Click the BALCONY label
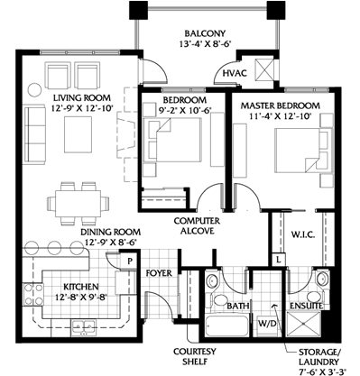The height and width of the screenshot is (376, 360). pos(205,33)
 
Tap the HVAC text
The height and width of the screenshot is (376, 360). pos(235,73)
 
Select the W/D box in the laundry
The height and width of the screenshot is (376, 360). pos(267,324)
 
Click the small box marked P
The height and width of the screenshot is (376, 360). pos(129,261)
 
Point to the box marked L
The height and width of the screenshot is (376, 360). pos(279,260)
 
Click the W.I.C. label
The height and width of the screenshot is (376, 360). pos(303,234)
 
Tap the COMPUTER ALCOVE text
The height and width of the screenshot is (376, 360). pos(197,225)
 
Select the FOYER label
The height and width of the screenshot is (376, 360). pos(159,273)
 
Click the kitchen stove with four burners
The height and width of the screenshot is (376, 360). pos(33,295)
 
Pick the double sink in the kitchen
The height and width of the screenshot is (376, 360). pos(83,326)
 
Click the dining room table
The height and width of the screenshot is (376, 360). pos(78,204)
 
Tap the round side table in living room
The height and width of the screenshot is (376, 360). pos(34,89)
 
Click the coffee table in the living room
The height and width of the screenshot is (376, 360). pos(78,135)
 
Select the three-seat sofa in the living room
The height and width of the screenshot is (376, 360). pos(34,134)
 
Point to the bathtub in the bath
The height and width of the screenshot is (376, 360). pos(226,326)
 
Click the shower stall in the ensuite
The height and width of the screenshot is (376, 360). pos(304,325)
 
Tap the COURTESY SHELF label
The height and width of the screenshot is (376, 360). pos(195,356)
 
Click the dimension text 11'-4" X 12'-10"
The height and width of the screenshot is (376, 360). pos(281,116)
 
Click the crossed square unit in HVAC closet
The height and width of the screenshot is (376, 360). pos(263,69)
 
